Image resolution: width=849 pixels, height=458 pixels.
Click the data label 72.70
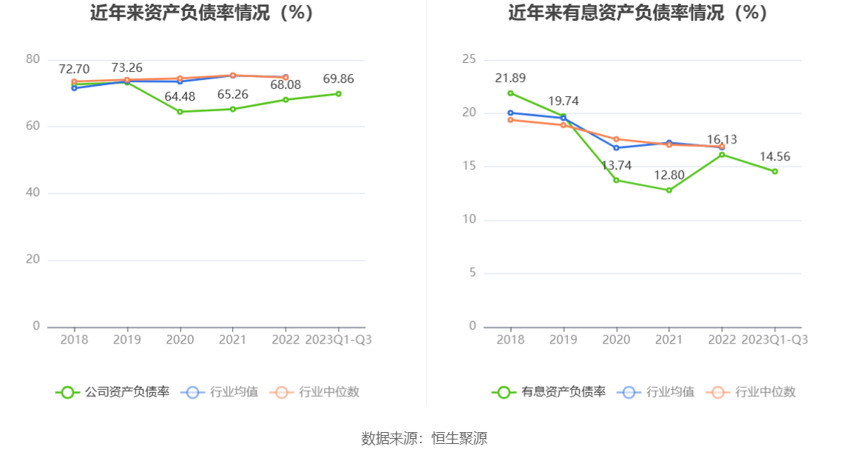(x=74, y=70)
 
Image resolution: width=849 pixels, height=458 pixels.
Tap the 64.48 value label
(x=180, y=96)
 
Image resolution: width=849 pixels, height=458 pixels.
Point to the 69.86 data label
(x=339, y=78)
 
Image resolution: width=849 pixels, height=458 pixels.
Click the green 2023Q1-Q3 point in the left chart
(x=339, y=94)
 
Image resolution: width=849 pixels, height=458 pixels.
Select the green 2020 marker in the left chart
(x=180, y=112)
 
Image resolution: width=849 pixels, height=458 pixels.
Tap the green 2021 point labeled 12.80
(x=669, y=190)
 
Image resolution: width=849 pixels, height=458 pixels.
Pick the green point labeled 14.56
(x=775, y=171)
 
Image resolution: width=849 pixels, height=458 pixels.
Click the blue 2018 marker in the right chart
(x=510, y=113)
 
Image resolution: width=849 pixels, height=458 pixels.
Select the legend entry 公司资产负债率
(x=112, y=392)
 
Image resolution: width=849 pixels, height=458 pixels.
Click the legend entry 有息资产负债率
(x=549, y=392)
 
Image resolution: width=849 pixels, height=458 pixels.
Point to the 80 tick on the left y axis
(x=33, y=59)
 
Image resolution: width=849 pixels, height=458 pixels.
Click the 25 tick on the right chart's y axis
(x=469, y=59)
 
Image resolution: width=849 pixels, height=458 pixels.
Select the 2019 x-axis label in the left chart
(x=127, y=340)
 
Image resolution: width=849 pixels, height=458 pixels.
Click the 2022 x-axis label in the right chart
(x=723, y=340)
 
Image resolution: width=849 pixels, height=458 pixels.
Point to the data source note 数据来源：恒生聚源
(x=424, y=438)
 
